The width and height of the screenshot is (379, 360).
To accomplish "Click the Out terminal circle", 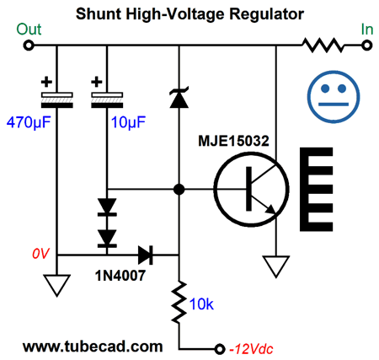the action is click(29, 46).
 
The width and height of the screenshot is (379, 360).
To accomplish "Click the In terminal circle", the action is click(366, 46).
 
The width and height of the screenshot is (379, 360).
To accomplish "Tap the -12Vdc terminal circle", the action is click(219, 349).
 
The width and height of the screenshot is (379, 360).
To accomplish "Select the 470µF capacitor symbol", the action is click(57, 100).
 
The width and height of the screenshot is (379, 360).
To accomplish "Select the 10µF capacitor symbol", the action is click(107, 100).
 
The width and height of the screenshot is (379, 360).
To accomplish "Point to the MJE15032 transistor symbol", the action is click(251, 189).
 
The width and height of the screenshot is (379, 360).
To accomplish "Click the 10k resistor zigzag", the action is click(179, 302).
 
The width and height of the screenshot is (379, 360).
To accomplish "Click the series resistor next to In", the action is click(323, 46).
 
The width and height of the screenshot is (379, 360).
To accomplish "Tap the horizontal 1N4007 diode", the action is click(146, 255).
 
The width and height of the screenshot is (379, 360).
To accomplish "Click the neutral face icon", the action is click(334, 97).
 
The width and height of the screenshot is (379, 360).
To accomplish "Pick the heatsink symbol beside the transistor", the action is click(317, 189).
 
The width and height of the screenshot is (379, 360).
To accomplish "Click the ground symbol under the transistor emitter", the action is click(276, 266).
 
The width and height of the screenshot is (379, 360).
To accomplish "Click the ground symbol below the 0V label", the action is click(57, 285).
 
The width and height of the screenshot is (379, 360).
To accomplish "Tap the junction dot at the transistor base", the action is click(179, 189).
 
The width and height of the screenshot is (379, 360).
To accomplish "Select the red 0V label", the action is click(41, 254).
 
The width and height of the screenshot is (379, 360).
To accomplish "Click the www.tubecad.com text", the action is click(93, 347).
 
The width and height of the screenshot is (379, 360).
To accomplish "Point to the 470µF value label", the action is click(29, 122).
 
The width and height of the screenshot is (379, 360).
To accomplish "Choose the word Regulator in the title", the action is click(266, 14).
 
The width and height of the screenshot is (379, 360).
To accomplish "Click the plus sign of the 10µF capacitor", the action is click(97, 82).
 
